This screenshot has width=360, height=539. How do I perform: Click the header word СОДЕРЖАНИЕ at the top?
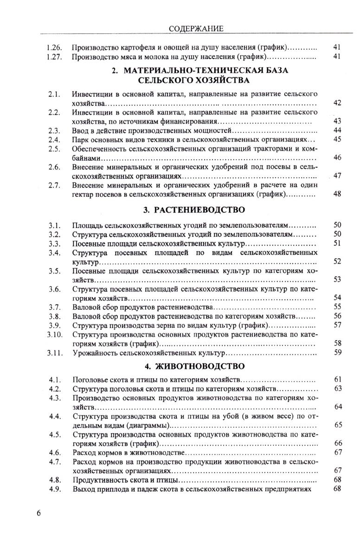coord(196,29)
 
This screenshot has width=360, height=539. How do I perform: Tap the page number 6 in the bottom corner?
coord(39,513)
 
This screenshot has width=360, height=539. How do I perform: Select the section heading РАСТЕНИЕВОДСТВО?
coord(199,210)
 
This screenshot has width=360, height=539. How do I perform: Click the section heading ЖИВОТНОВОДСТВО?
coord(199,366)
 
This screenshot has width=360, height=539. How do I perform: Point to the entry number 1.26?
coord(55,47)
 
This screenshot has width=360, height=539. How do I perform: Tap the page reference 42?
coord(337,103)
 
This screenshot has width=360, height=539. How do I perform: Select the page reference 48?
coord(337,195)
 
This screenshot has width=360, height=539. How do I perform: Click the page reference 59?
coord(337,353)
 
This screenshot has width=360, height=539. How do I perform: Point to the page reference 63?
coord(337,388)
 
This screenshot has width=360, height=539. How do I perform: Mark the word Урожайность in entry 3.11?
coord(95,353)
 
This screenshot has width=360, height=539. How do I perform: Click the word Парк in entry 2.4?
coord(80,139)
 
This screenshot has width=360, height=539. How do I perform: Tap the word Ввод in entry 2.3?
coord(81,130)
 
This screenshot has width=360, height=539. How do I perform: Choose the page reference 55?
coord(337,306)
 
